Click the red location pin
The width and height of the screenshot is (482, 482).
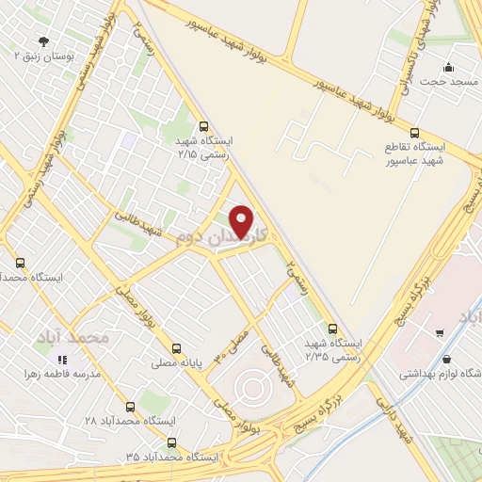(x=243, y=221)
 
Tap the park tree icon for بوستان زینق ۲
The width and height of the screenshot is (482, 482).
(x=42, y=40)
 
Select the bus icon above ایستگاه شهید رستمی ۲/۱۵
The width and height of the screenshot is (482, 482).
(x=203, y=126)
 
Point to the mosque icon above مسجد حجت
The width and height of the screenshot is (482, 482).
(x=448, y=67)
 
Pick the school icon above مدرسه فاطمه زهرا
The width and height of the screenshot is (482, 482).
(x=62, y=359)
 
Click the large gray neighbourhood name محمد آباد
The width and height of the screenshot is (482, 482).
(x=74, y=336)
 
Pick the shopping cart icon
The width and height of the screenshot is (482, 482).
(x=440, y=332)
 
